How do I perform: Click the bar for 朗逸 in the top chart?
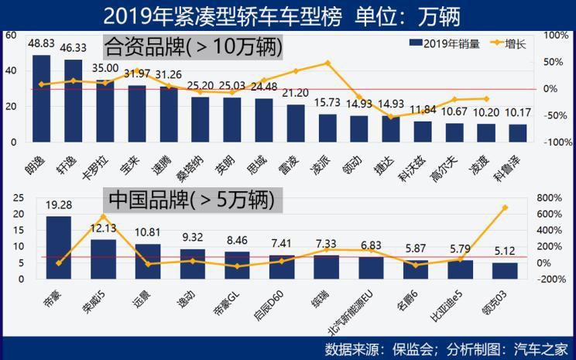[41, 98]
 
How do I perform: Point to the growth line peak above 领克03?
[505, 207]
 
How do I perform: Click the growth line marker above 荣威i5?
[103, 217]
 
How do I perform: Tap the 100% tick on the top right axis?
[556, 36]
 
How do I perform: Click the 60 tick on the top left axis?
[10, 36]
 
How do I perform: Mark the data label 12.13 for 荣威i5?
[103, 228]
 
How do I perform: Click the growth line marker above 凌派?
[327, 63]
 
